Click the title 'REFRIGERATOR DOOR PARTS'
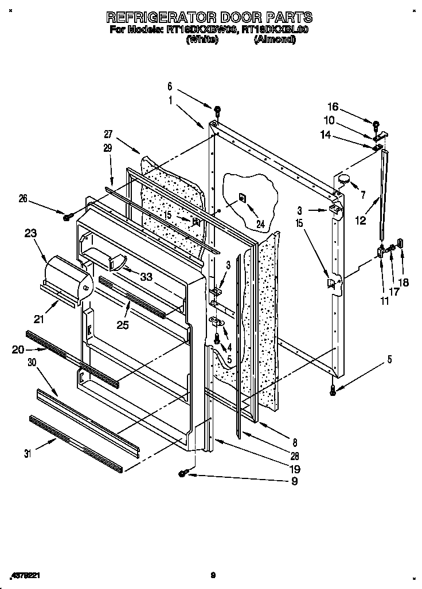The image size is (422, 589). [x=210, y=17]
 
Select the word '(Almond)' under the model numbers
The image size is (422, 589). [x=274, y=40]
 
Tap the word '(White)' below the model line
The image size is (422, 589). [x=201, y=40]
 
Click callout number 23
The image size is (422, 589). [x=32, y=233]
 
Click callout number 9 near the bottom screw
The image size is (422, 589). [x=294, y=481]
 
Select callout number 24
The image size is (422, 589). [x=261, y=225]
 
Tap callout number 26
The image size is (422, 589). [x=22, y=199]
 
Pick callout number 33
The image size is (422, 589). [x=147, y=276]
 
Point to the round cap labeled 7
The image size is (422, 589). [x=344, y=179]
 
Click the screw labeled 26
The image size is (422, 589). [x=67, y=217]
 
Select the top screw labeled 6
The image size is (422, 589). [x=217, y=109]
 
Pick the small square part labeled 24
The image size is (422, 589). [x=242, y=198]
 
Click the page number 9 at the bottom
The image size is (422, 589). [x=212, y=574]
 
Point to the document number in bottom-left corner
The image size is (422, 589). [x=25, y=574]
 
